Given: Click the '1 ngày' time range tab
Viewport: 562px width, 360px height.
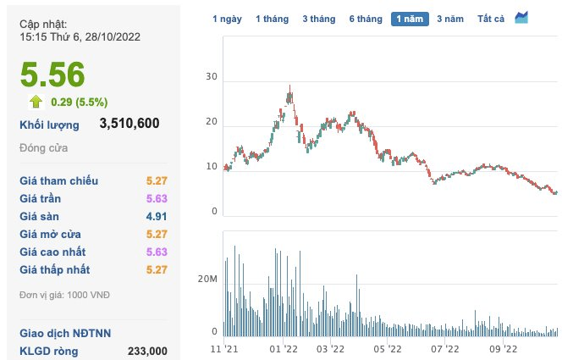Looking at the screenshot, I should tap(226, 19).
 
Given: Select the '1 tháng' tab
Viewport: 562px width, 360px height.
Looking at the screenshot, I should tap(272, 19).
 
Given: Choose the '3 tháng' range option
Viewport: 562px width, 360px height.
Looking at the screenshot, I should tap(318, 19).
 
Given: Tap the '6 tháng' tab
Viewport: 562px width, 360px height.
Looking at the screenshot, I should tap(365, 19).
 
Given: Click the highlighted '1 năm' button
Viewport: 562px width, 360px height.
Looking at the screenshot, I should tap(410, 19).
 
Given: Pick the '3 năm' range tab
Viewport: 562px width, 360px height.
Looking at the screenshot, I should tap(451, 19).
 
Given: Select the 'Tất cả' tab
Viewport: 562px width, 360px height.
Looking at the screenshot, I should tap(491, 19).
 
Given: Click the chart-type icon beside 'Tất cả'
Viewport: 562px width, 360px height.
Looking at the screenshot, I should tap(521, 18).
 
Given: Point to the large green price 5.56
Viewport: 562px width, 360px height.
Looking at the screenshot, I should tap(52, 75).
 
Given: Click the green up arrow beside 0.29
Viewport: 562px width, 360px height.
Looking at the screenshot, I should tap(36, 102).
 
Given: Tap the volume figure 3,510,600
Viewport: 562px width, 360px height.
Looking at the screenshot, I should tap(129, 125).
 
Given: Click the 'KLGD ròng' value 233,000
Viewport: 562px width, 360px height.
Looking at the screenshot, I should tap(146, 351).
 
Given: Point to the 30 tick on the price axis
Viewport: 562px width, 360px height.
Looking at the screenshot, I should tap(212, 77).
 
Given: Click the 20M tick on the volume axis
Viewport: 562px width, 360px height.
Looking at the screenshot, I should tap(208, 279).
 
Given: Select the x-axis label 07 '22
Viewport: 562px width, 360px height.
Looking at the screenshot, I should tap(445, 348).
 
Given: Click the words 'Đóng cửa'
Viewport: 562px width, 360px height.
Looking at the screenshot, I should tap(43, 148).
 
